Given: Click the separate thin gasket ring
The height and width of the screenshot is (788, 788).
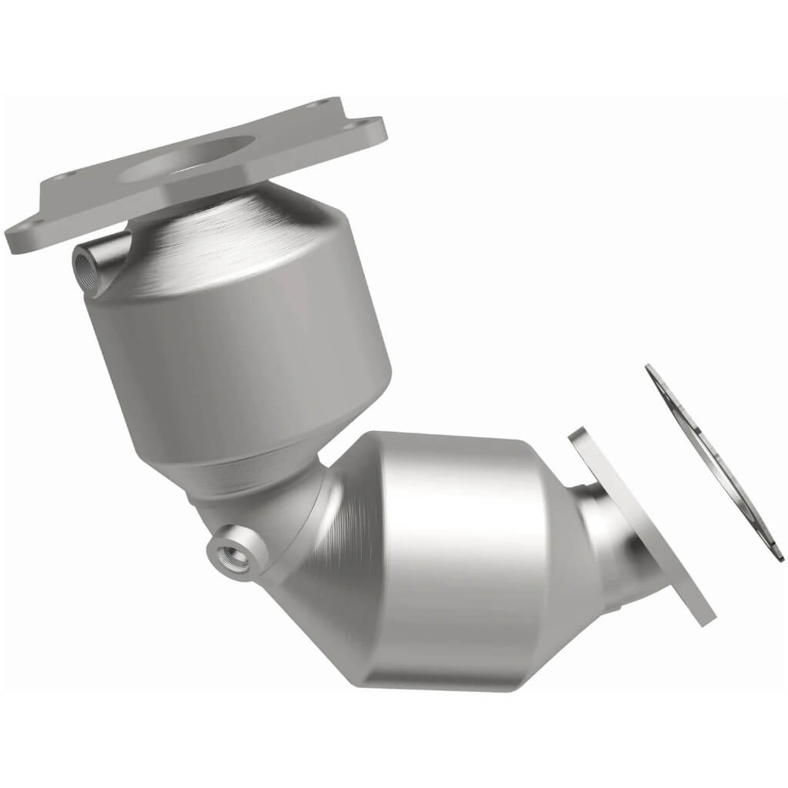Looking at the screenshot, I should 712,462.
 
